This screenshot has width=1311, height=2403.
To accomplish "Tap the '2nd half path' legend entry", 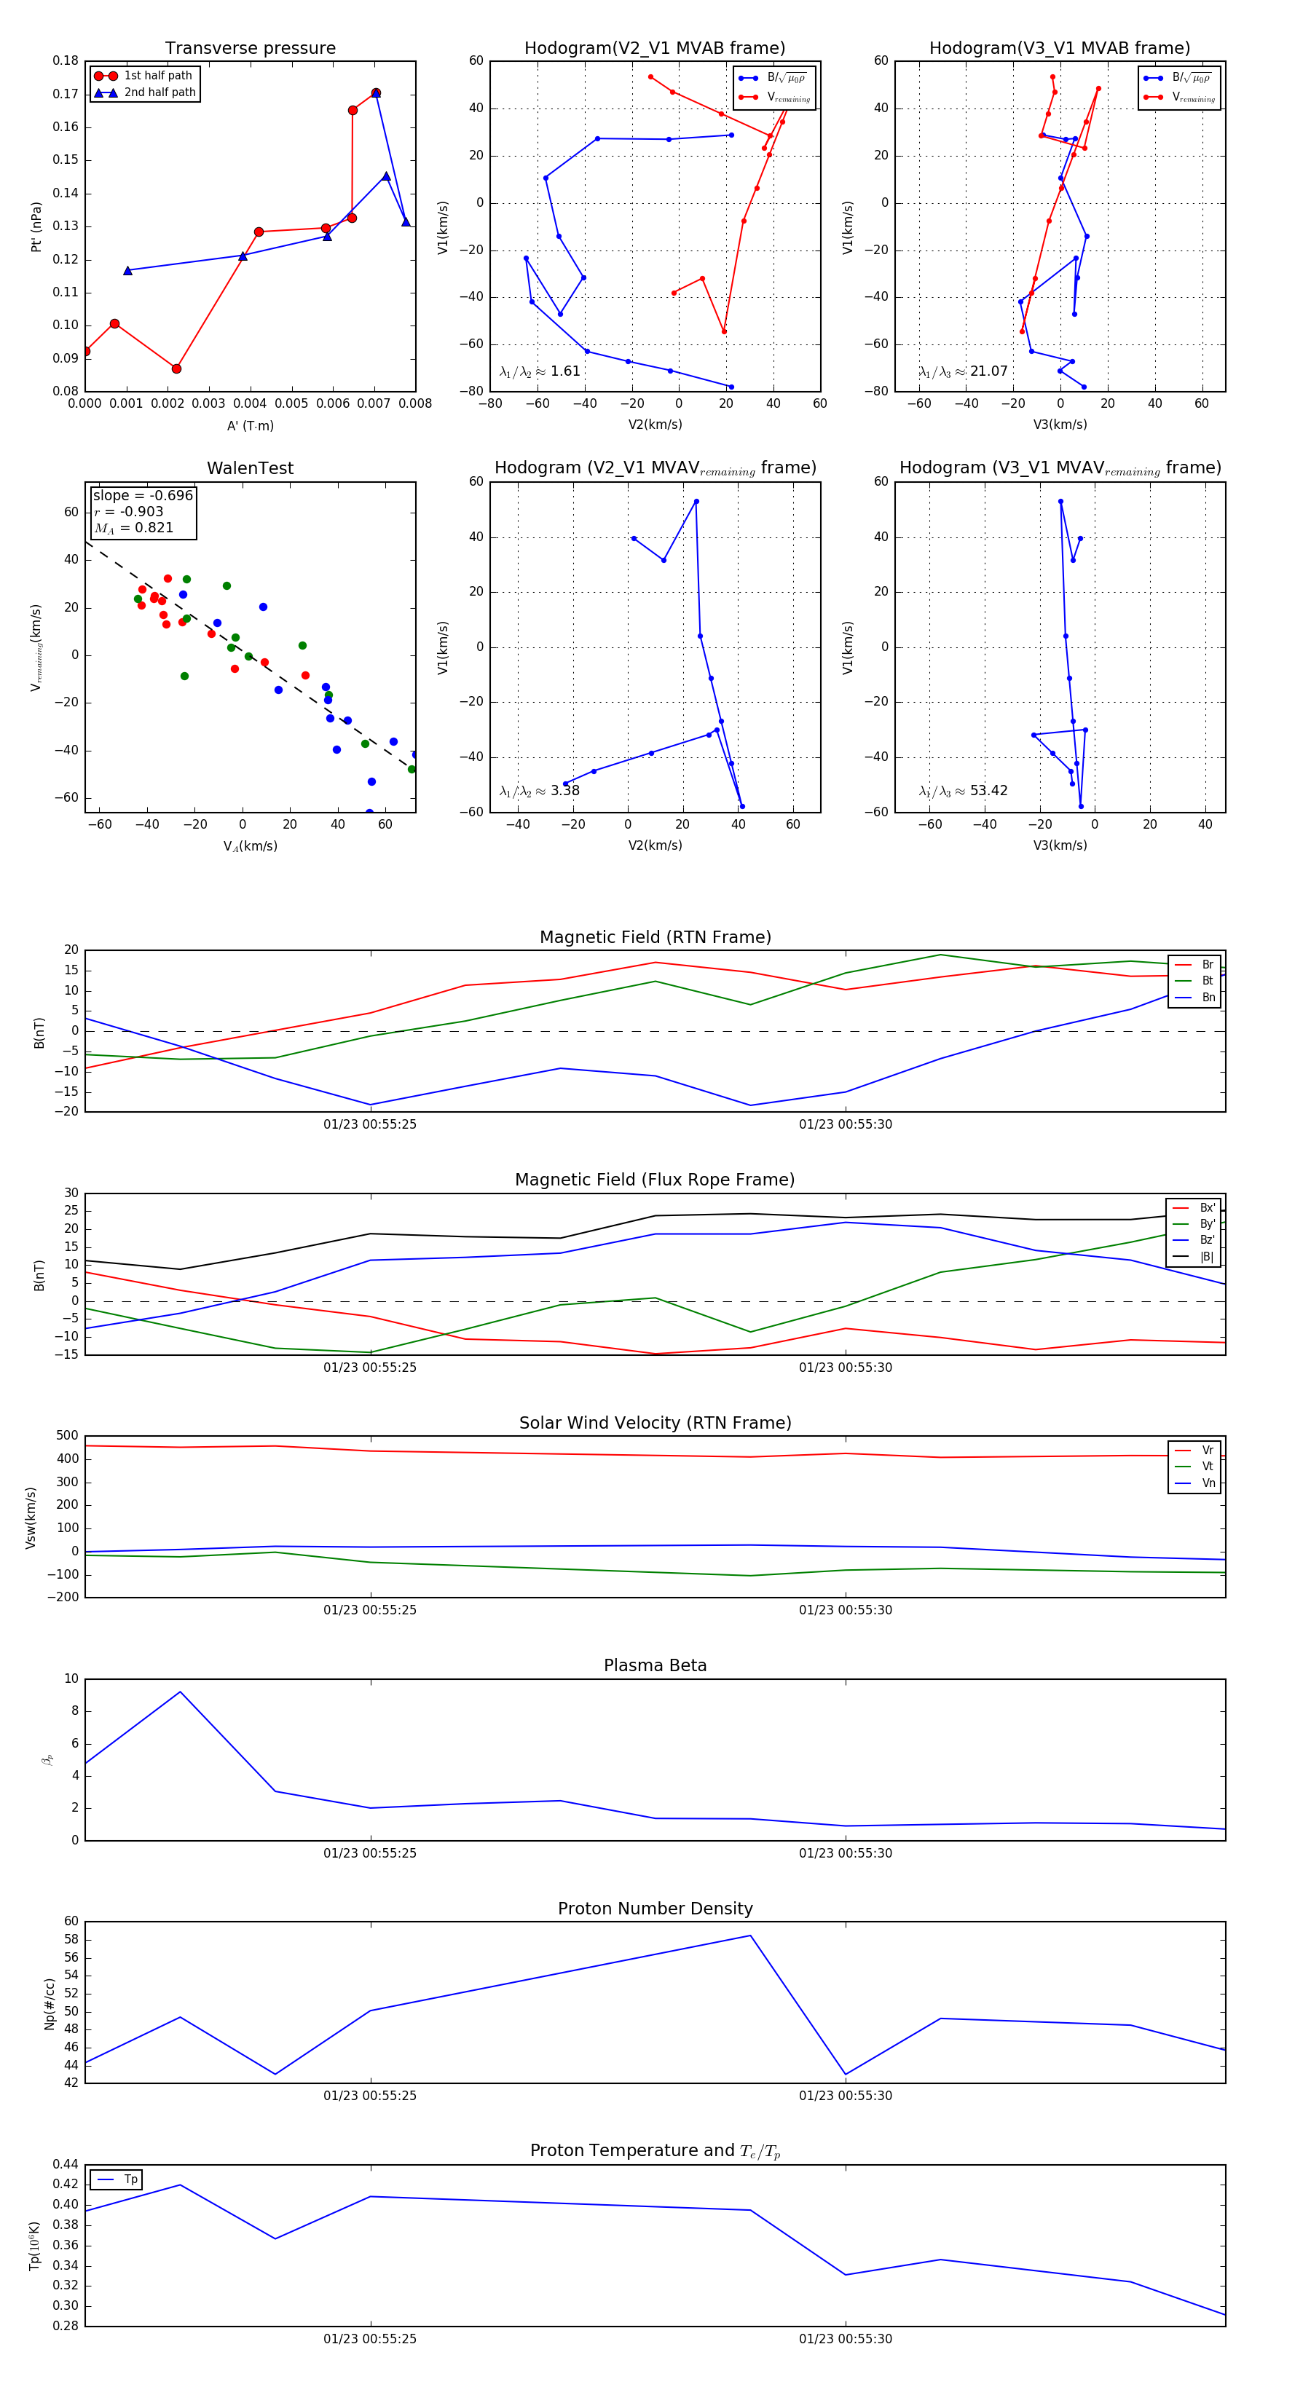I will coord(160,92).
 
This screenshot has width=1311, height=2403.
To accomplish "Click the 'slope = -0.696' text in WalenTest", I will coord(143,495).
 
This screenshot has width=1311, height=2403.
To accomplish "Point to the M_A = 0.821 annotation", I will coord(133,528).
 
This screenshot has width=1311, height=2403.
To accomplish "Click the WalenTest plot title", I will coord(250,468).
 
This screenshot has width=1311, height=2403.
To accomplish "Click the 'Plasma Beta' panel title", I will coord(655,1665).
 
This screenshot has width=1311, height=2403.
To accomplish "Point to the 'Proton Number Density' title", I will coord(655,1909).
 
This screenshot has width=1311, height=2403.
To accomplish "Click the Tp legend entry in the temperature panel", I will coord(130,2179).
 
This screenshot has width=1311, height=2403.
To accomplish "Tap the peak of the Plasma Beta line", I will coord(180,1692).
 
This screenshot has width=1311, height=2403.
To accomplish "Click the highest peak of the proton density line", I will coord(750,1935).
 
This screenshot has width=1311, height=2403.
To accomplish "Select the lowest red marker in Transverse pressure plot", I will coord(176,368).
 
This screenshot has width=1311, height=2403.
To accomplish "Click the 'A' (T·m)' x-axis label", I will coord(250,425).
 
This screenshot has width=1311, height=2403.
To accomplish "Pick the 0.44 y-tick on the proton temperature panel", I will coord(66,2164).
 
